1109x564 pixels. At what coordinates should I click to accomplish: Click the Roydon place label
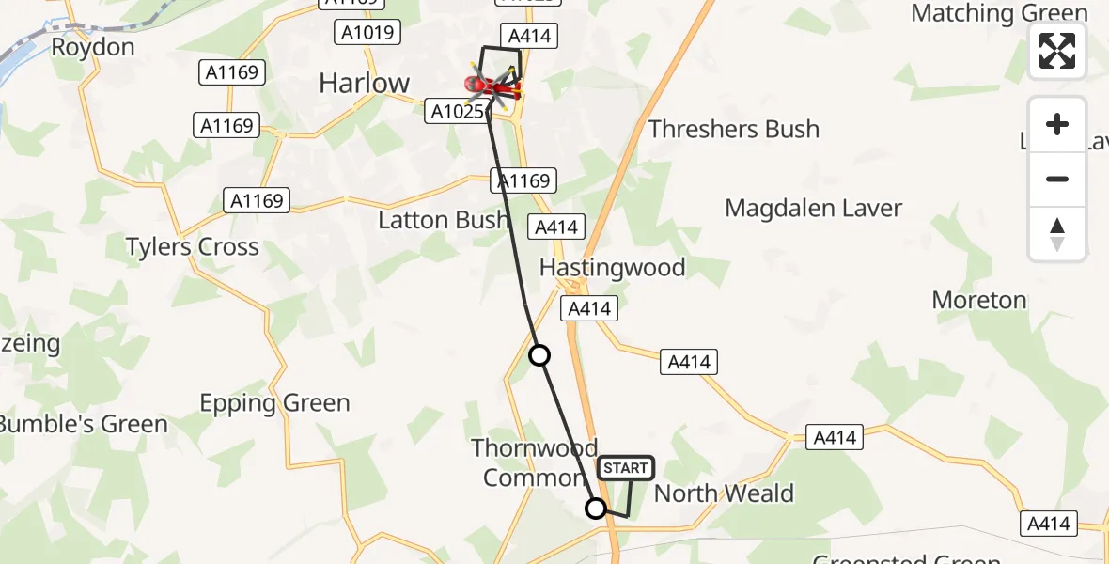pos(92,47)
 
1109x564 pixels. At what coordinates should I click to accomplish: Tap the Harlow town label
pos(365,83)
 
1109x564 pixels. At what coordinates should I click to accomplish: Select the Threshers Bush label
pos(734,129)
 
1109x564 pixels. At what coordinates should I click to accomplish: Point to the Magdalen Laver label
pos(813,208)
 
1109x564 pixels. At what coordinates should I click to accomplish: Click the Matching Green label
pos(999,13)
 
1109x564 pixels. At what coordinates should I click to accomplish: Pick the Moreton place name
pos(978,300)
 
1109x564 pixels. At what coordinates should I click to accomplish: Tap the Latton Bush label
pos(444,221)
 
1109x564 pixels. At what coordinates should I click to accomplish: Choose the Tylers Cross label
pos(193,247)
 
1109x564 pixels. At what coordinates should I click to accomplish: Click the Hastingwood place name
pos(612,268)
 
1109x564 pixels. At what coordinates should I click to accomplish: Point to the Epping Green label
pos(274,403)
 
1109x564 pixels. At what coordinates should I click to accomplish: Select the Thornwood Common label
pos(534,462)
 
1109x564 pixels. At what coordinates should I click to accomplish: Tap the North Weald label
pos(724,493)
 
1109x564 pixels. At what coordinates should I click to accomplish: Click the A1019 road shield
pos(367,34)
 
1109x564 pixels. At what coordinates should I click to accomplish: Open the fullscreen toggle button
pos(1057,51)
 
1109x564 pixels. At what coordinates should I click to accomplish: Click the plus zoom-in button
pos(1057,124)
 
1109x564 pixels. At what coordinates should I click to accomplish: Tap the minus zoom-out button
pos(1057,179)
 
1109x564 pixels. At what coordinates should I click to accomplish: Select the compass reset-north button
pos(1057,234)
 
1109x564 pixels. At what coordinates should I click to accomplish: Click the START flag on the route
pos(625,468)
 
